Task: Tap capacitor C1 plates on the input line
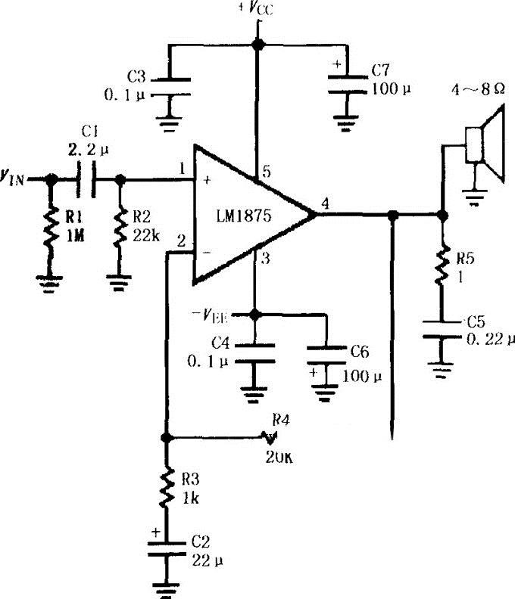click(x=86, y=179)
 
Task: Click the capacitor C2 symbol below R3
click(x=166, y=550)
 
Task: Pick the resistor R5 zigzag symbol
click(x=440, y=267)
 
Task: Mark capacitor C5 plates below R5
click(x=440, y=331)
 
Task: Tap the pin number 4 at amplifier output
click(x=325, y=203)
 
